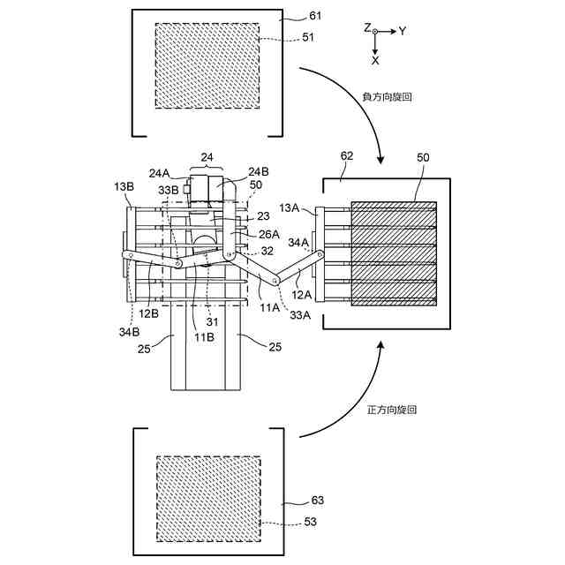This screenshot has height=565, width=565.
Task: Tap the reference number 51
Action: tap(307, 37)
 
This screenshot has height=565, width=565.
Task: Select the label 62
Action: tap(347, 155)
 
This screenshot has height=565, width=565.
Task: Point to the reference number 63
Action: tap(318, 500)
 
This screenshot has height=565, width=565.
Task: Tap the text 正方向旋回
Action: tap(391, 410)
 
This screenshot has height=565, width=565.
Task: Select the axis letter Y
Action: tap(402, 30)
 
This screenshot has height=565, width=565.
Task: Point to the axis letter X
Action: tap(375, 61)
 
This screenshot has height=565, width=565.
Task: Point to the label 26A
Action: tap(269, 234)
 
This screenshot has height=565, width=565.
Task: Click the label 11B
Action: tap(203, 337)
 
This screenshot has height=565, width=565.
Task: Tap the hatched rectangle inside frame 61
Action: tap(207, 65)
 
